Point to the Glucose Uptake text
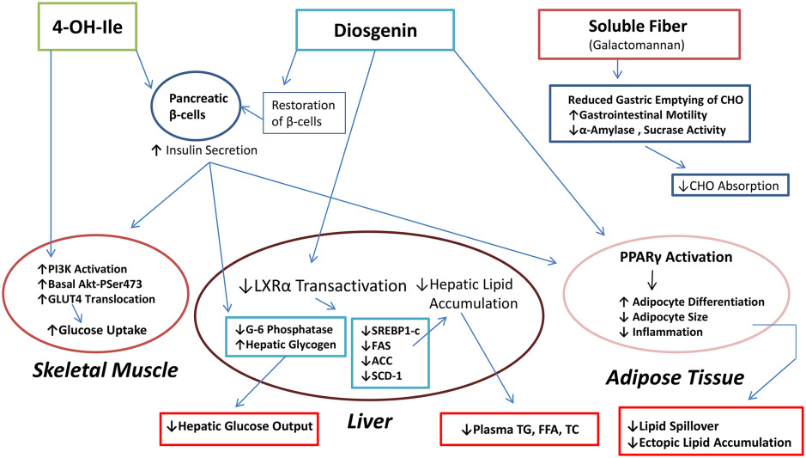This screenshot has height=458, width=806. [x=97, y=330]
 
